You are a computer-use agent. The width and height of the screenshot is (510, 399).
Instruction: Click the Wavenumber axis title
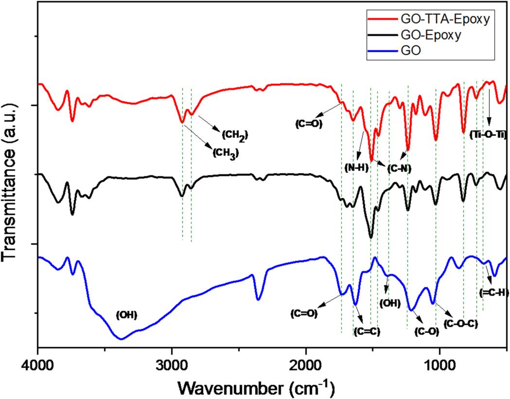[256, 388]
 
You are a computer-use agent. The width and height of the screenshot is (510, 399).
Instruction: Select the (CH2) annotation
[235, 135]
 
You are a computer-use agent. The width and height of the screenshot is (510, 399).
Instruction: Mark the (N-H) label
[356, 168]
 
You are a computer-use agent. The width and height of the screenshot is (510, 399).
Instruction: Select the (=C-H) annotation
[493, 292]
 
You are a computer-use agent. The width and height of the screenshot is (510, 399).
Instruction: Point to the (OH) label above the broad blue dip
[126, 315]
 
